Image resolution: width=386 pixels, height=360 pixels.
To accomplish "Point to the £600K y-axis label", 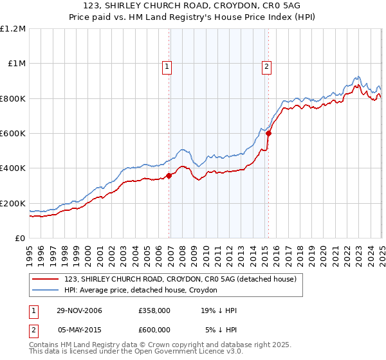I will (13, 134).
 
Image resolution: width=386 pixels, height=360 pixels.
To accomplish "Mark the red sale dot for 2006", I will (169, 175).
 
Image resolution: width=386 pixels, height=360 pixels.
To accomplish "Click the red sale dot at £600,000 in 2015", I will (268, 134).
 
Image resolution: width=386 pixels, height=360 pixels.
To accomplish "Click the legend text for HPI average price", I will (141, 291).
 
